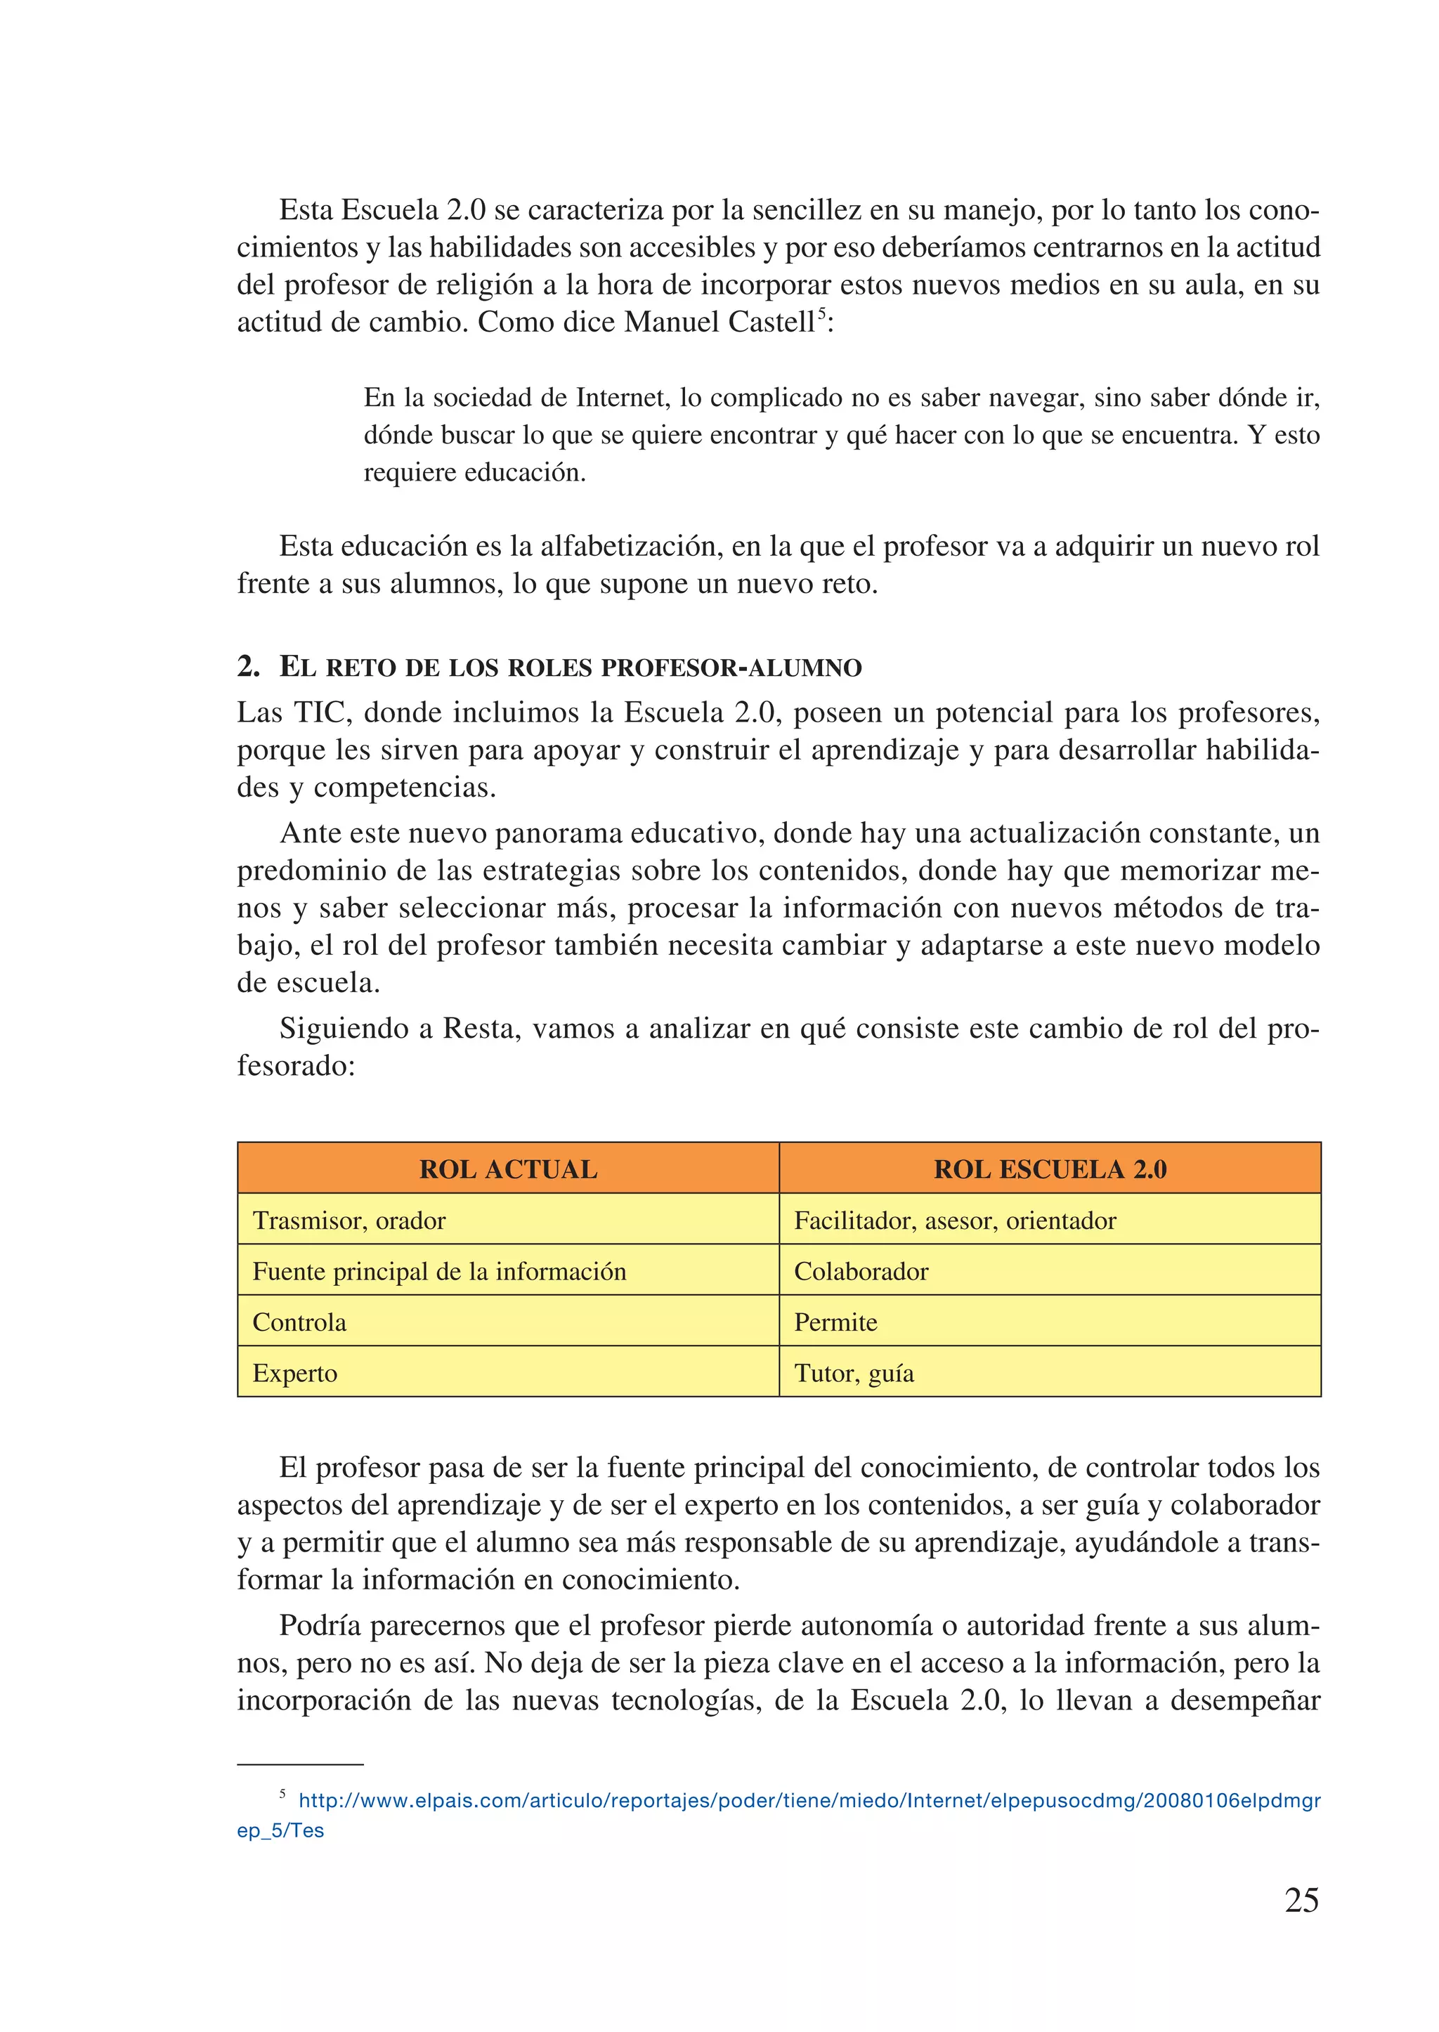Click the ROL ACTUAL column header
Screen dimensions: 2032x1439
click(508, 1169)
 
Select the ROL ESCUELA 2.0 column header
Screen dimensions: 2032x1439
click(1050, 1169)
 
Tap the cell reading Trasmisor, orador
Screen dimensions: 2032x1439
click(349, 1220)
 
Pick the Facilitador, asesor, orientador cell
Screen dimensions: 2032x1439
click(954, 1220)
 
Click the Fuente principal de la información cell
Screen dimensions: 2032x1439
click(438, 1271)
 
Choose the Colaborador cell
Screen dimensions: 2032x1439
click(861, 1271)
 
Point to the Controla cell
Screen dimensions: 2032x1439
click(299, 1322)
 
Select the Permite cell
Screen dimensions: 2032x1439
click(835, 1322)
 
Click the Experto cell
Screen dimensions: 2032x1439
click(294, 1373)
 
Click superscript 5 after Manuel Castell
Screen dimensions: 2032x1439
click(821, 312)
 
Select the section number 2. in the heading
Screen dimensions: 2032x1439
click(248, 666)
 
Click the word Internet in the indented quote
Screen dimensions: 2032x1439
click(620, 397)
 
